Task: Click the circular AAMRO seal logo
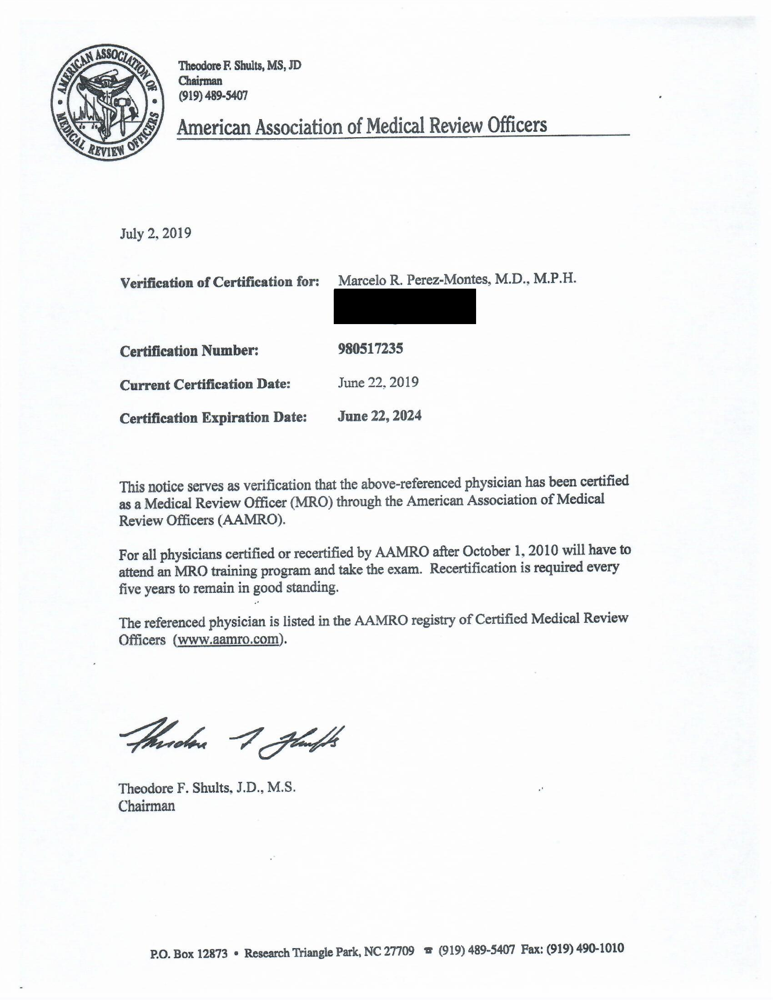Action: pyautogui.click(x=107, y=104)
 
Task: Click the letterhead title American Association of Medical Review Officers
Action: pyautogui.click(x=362, y=125)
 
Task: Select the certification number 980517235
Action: pyautogui.click(x=371, y=349)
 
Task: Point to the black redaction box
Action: pyautogui.click(x=404, y=306)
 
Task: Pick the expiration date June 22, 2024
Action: pyautogui.click(x=380, y=416)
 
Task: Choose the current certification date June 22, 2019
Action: pyautogui.click(x=378, y=382)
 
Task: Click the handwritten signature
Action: pyautogui.click(x=232, y=740)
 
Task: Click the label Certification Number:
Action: pyautogui.click(x=189, y=351)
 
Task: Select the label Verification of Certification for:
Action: pyautogui.click(x=219, y=282)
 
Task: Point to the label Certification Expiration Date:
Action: pyautogui.click(x=213, y=418)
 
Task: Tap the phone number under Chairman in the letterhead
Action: pyautogui.click(x=213, y=96)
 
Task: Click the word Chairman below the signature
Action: pyautogui.click(x=146, y=806)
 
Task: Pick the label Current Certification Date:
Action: pyautogui.click(x=205, y=384)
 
